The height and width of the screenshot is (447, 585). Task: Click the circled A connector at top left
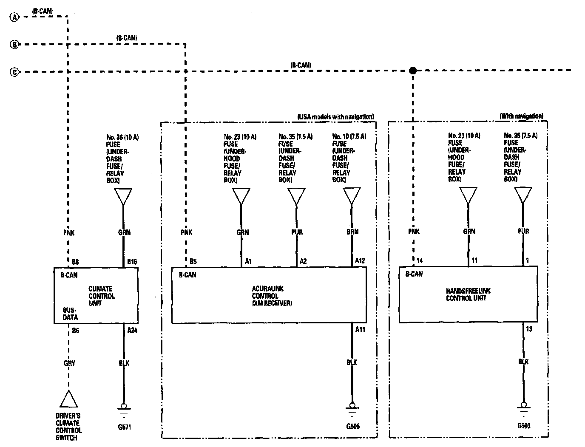pyautogui.click(x=14, y=17)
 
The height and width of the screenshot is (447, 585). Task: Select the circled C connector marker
pyautogui.click(x=14, y=72)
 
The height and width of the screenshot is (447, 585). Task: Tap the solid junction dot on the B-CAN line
pyautogui.click(x=412, y=71)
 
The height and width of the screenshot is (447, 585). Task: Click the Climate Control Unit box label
pyautogui.click(x=101, y=296)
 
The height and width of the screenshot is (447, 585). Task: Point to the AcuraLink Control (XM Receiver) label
pyautogui.click(x=272, y=296)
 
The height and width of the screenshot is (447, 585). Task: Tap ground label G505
pyautogui.click(x=353, y=426)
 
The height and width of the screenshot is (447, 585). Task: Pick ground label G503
pyautogui.click(x=524, y=425)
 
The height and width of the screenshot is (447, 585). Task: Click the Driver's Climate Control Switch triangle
pyautogui.click(x=68, y=399)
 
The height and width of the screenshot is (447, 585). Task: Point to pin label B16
pyautogui.click(x=132, y=262)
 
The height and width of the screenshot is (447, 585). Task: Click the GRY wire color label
pyautogui.click(x=69, y=363)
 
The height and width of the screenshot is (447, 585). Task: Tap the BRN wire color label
pyautogui.click(x=352, y=232)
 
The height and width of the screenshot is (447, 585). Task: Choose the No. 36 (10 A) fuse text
pyautogui.click(x=122, y=138)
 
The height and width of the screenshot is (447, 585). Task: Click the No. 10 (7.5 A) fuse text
pyautogui.click(x=349, y=137)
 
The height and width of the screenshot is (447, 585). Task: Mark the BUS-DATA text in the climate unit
pyautogui.click(x=70, y=314)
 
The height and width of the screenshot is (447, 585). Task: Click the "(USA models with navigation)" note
pyautogui.click(x=335, y=116)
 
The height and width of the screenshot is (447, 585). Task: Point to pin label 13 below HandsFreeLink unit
pyautogui.click(x=529, y=329)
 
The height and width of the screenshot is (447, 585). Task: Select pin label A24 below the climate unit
pyautogui.click(x=133, y=330)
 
